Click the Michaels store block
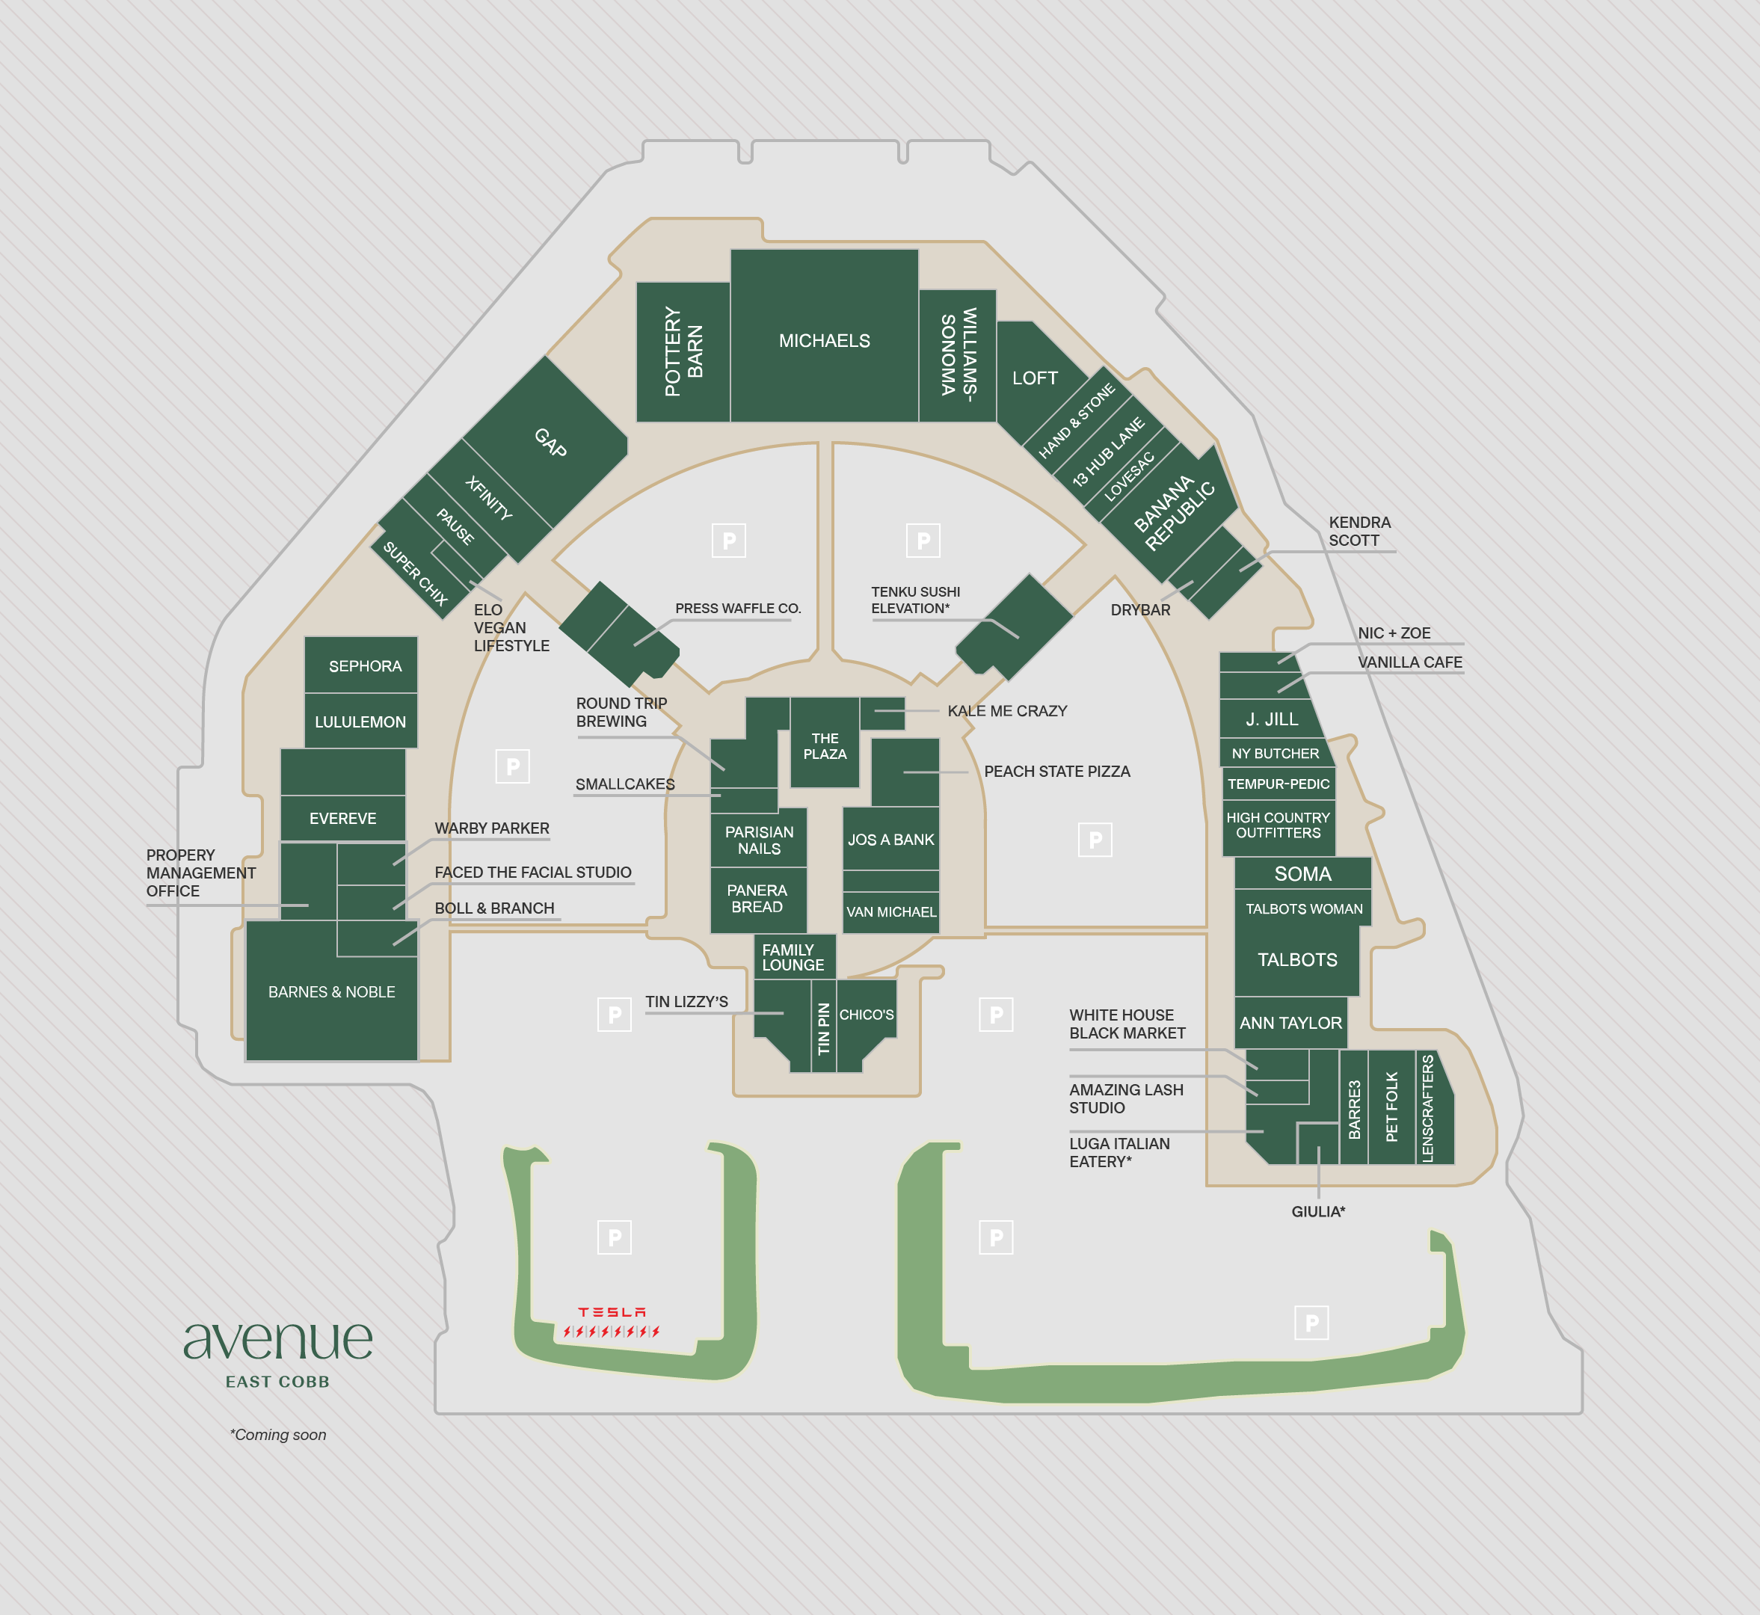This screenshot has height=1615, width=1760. (824, 340)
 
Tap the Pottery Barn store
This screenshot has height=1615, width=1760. (683, 351)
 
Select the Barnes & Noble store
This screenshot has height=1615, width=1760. (331, 992)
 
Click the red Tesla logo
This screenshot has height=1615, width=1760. (612, 1311)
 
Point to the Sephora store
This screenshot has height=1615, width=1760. (364, 666)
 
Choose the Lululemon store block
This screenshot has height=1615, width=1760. (360, 722)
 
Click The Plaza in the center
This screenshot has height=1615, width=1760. (824, 745)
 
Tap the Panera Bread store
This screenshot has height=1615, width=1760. (757, 899)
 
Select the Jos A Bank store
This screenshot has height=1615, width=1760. (890, 839)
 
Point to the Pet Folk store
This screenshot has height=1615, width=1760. (1391, 1107)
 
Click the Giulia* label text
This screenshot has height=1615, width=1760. (1318, 1211)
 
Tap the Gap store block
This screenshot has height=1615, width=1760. (550, 442)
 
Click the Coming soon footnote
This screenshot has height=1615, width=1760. (278, 1434)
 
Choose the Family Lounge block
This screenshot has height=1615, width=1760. (793, 957)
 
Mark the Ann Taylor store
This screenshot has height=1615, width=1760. (1290, 1023)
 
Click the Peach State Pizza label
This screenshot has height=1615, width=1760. (1056, 772)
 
